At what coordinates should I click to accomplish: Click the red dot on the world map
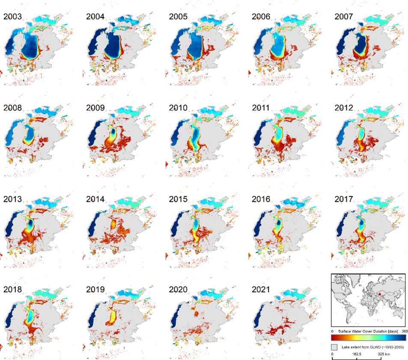[x=379, y=295]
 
